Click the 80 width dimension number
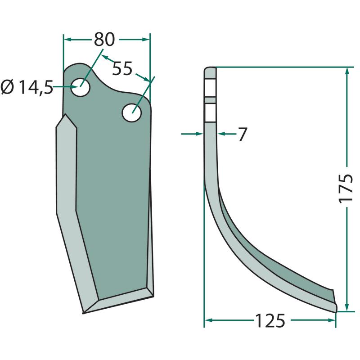[x=104, y=39]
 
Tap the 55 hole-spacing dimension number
[x=122, y=68]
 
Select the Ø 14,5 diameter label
[x=27, y=87]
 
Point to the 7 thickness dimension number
[x=242, y=134]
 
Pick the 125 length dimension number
[x=270, y=320]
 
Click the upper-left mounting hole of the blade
[x=80, y=87]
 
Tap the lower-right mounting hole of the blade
[x=132, y=113]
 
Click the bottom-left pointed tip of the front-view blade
[x=83, y=313]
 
